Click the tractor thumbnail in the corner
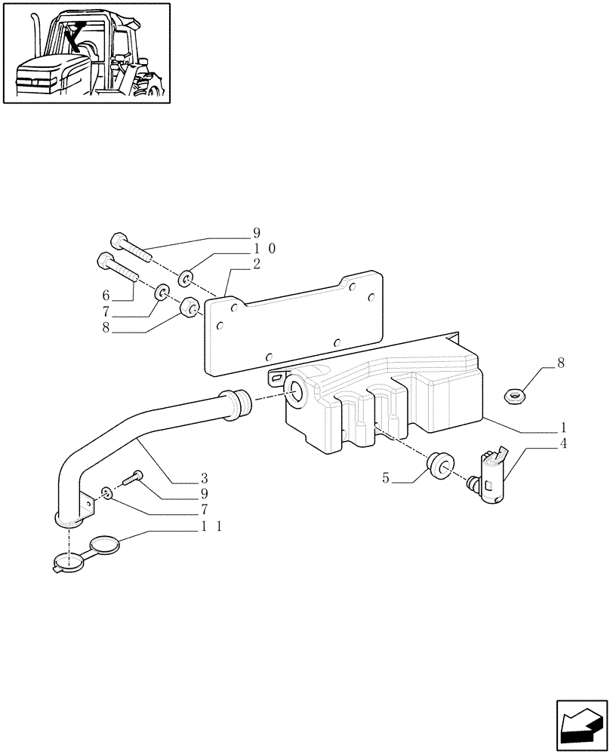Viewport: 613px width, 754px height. tap(86, 52)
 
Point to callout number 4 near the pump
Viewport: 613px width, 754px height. tap(562, 444)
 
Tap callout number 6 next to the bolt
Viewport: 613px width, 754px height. tap(106, 294)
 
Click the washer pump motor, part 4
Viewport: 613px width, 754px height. tap(487, 475)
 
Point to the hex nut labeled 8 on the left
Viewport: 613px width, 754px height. tap(189, 309)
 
